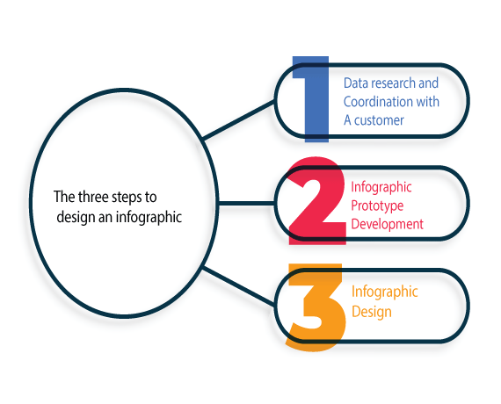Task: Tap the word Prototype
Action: (377, 206)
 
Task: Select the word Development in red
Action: (388, 224)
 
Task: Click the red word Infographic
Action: (381, 187)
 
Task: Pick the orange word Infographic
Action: (385, 292)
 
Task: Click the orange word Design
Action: (372, 312)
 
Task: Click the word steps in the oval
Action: (127, 198)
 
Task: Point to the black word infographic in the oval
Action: (149, 217)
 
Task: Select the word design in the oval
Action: (76, 217)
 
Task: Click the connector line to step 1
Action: (239, 119)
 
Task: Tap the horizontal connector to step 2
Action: (246, 203)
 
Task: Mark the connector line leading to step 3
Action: (239, 285)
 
